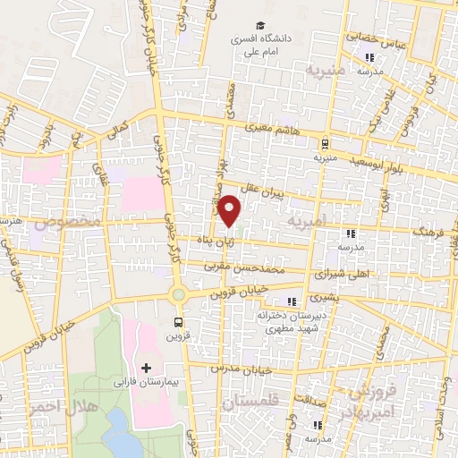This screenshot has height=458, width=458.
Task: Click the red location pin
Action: (x=230, y=209)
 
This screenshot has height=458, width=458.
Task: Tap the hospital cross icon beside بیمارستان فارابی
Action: (x=147, y=368)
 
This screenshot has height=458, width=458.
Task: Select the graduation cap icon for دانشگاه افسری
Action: (x=259, y=26)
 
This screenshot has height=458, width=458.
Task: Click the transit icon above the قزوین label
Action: (x=178, y=322)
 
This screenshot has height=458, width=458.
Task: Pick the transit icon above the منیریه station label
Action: (x=325, y=141)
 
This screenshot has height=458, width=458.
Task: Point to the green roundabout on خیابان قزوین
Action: (x=178, y=294)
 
